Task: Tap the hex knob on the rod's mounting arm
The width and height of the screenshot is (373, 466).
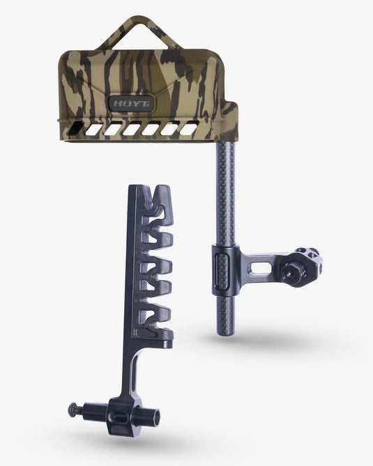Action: point(307,264)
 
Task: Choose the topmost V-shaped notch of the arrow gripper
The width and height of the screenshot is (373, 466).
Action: point(158,196)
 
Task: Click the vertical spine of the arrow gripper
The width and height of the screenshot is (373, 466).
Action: point(135,279)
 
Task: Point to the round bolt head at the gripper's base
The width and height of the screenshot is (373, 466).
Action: point(73,410)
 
